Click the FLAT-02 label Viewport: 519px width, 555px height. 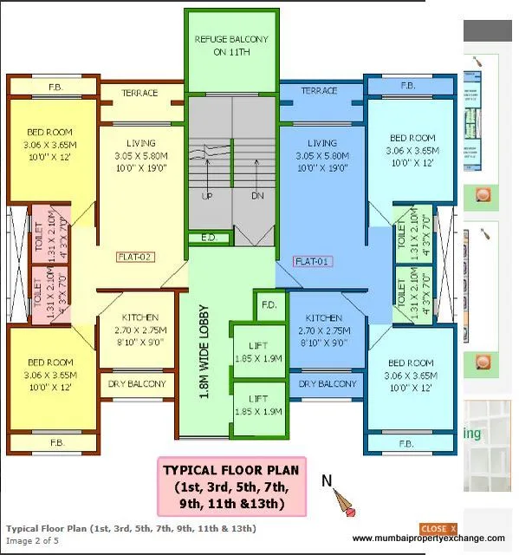135,258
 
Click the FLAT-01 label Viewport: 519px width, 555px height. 314,261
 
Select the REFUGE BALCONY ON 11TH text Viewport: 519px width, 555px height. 231,45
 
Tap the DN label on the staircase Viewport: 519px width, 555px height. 256,197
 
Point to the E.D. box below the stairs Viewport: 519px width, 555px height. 208,237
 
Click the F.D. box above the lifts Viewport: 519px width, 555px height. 269,305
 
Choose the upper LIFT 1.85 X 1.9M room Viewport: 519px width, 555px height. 258,352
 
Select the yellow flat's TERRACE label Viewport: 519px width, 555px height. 139,93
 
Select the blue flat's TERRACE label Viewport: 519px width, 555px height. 319,91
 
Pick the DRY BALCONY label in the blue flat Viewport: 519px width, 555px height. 328,384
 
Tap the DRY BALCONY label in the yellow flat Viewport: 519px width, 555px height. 137,384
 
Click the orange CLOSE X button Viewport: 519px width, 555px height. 438,529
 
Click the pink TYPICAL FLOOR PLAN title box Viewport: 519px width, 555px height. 231,486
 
